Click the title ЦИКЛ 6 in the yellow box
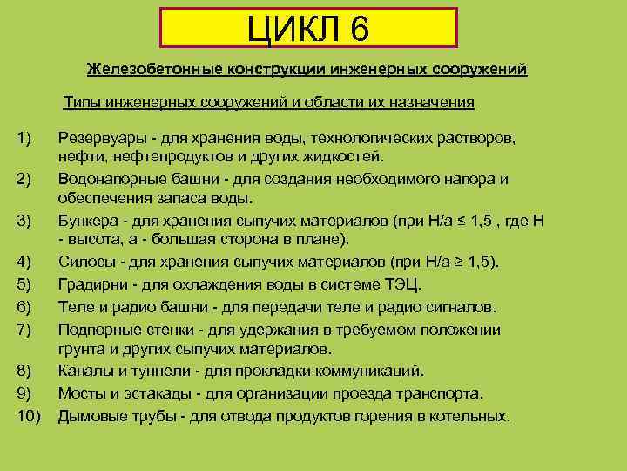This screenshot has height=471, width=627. (308, 29)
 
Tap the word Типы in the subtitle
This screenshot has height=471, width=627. (82, 103)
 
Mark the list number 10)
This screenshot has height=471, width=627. (29, 416)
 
